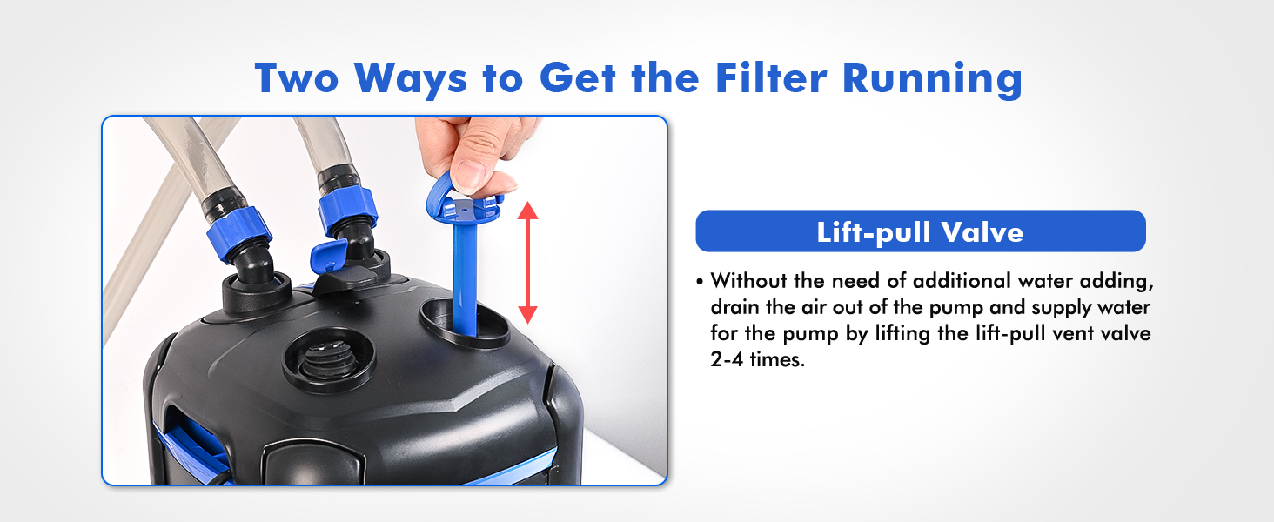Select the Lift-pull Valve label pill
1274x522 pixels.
coord(920,232)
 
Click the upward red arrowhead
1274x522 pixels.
coord(528,210)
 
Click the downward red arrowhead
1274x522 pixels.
coord(528,314)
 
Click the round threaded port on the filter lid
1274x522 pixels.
coord(329,358)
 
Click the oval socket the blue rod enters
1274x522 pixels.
coord(464,322)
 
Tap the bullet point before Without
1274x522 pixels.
coord(701,282)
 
